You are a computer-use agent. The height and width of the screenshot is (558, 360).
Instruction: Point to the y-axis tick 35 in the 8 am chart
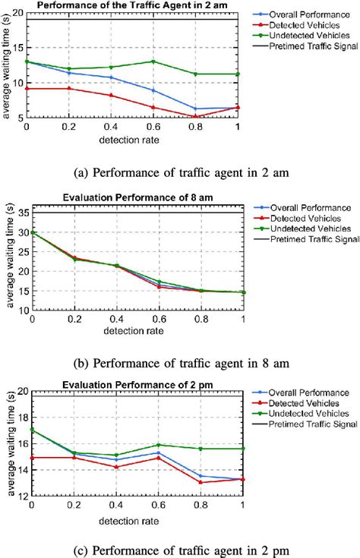click(19, 212)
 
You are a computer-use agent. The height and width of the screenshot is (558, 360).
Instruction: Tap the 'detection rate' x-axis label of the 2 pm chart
click(134, 519)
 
